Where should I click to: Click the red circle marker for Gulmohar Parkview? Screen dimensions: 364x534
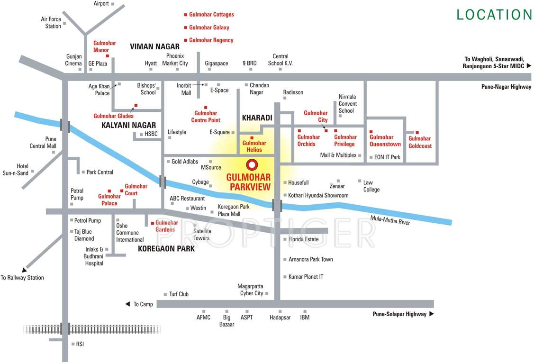click(x=252, y=164)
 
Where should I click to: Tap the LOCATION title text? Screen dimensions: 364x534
click(x=494, y=15)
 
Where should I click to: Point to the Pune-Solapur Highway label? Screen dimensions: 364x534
click(x=399, y=314)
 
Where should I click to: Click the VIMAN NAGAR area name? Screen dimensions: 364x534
click(x=155, y=46)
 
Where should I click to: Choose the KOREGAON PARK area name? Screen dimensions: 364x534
click(x=166, y=248)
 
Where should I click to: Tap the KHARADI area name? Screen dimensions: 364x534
click(x=257, y=117)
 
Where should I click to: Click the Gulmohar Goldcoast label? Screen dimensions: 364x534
click(x=420, y=143)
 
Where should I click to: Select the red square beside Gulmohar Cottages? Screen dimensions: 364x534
click(x=186, y=15)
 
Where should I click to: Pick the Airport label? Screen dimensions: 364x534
click(x=101, y=4)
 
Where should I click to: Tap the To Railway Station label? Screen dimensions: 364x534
click(x=22, y=278)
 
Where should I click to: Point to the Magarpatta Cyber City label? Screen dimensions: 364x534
click(x=251, y=290)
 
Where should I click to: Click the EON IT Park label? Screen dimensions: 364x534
click(x=387, y=157)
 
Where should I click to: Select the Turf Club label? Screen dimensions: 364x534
click(x=179, y=294)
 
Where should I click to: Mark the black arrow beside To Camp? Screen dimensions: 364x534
click(x=127, y=304)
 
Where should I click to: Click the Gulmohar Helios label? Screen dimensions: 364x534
click(x=254, y=146)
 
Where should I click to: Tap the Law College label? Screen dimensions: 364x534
click(x=371, y=186)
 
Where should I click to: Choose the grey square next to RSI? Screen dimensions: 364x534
click(x=72, y=344)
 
